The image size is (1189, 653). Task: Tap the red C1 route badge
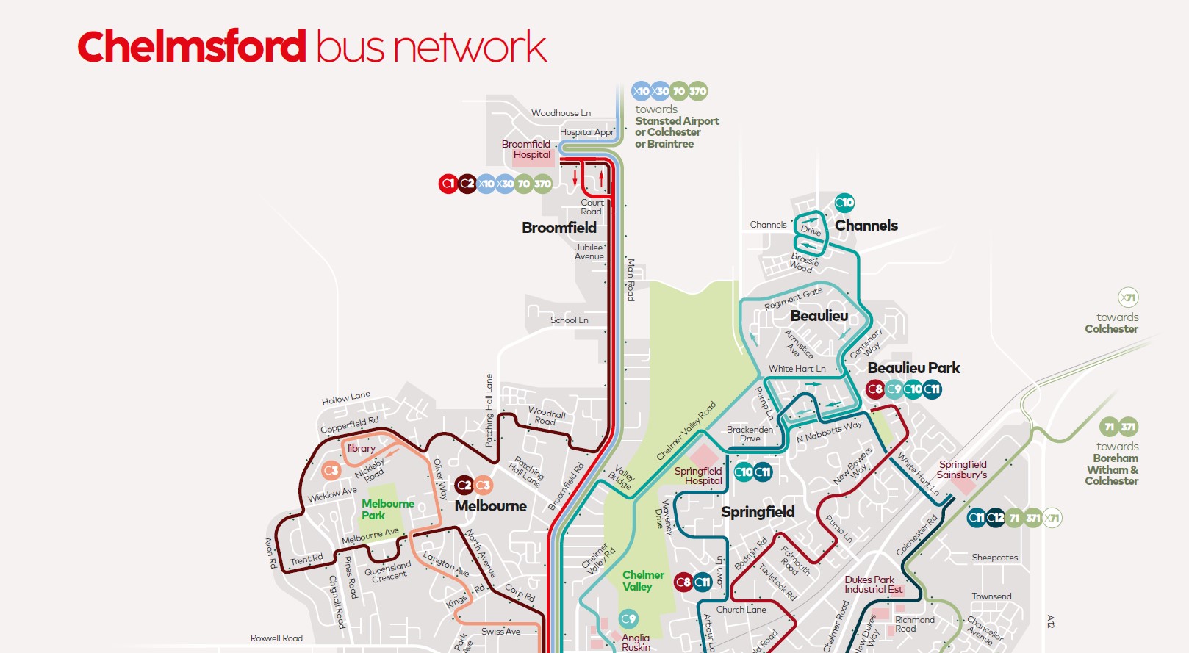448,184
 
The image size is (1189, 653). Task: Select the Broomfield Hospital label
527,149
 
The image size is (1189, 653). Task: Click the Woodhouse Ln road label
561,113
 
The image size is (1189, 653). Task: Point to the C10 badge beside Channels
844,203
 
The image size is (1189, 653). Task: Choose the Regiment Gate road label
793,297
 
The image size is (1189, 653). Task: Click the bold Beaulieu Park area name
913,367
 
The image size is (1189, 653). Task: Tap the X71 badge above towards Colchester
1128,297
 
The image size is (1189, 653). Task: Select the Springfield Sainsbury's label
962,469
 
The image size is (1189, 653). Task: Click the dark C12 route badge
995,518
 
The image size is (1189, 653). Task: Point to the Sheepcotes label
994,558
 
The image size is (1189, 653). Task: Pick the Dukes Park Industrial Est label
873,585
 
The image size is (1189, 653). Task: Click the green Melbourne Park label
387,509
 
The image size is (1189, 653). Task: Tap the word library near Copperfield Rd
361,448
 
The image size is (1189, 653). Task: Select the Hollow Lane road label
345,397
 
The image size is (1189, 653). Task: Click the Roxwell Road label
276,638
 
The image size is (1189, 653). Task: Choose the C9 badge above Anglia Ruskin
628,618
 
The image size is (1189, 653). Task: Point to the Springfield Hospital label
698,475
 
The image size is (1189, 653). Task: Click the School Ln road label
569,320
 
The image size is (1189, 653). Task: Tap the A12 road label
1050,621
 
